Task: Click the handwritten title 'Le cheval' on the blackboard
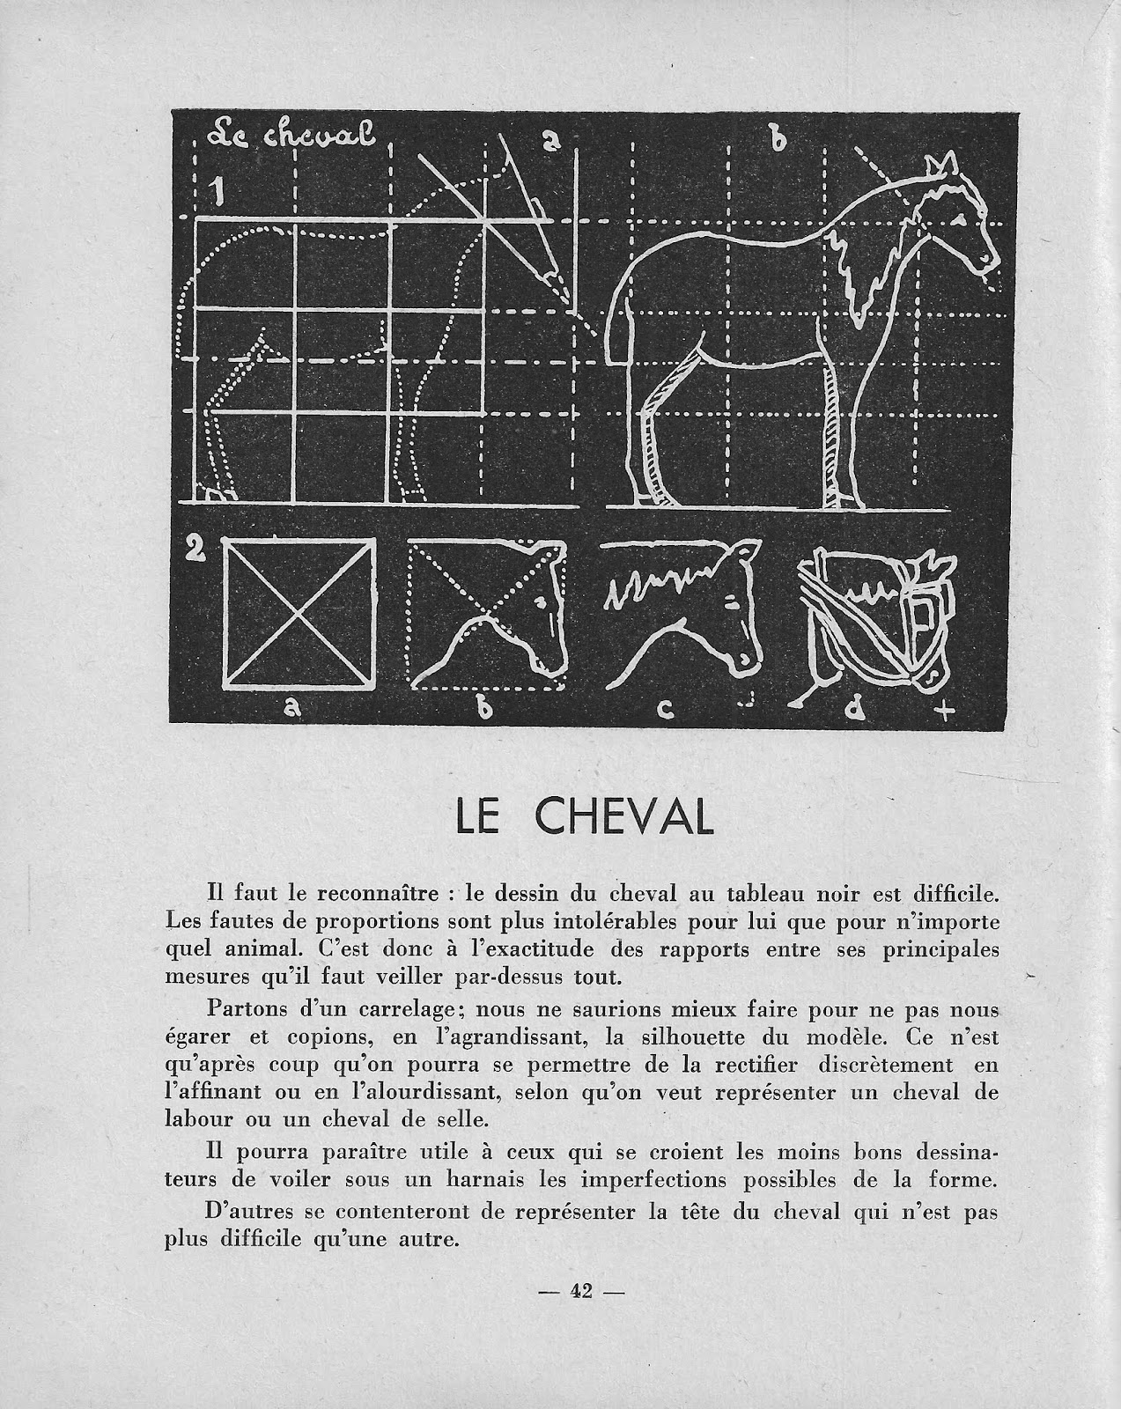click(291, 136)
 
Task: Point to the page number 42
click(580, 1291)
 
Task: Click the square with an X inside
click(299, 615)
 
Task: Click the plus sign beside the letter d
click(947, 710)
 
